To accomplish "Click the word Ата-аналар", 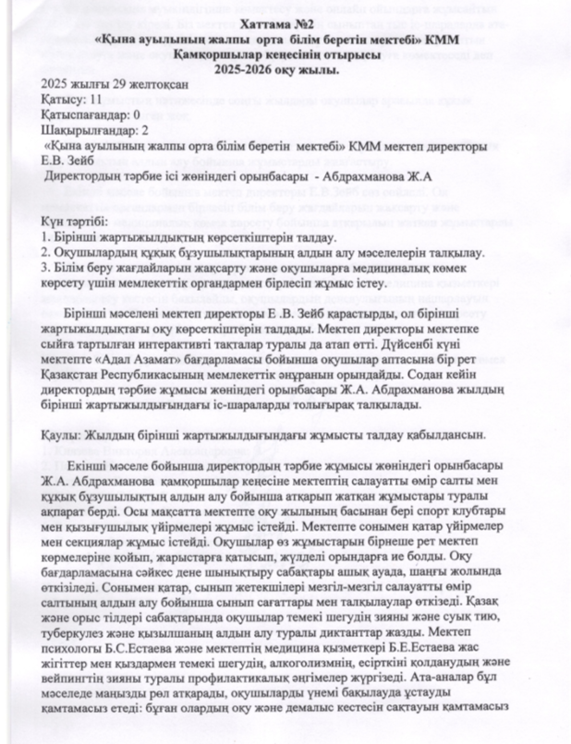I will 429,688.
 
